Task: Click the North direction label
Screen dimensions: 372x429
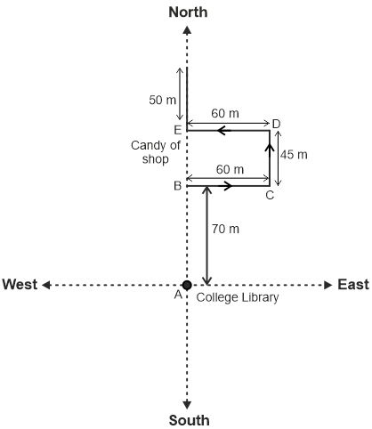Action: [188, 12]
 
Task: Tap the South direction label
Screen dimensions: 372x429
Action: [190, 420]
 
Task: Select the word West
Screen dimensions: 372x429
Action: [20, 284]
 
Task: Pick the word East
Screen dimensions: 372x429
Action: [353, 284]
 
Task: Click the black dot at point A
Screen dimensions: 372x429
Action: [187, 285]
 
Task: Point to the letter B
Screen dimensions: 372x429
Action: [177, 186]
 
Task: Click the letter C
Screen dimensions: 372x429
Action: [270, 195]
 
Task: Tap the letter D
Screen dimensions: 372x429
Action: [276, 124]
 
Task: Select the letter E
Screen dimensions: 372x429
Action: [177, 130]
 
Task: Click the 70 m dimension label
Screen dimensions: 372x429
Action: [225, 229]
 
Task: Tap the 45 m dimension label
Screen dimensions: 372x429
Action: [294, 155]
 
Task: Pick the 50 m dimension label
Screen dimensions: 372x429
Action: [162, 100]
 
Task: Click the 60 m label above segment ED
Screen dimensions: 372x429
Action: [225, 113]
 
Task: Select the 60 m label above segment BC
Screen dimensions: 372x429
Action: [230, 169]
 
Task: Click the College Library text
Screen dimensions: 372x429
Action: [238, 297]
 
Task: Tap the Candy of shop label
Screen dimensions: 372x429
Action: [156, 152]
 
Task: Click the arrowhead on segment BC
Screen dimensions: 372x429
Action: [228, 186]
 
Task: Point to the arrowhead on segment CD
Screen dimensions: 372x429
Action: [270, 148]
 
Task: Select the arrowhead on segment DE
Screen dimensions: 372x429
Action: [224, 130]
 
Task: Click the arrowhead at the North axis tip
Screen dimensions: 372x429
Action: [187, 29]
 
